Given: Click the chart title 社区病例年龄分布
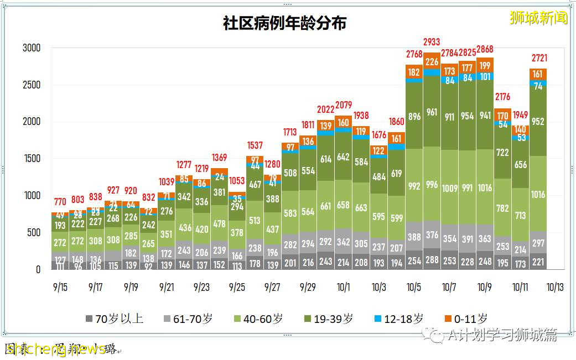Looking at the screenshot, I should pos(284,23).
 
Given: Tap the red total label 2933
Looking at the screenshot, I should pos(432,42).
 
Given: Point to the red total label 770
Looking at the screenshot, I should pos(60,201).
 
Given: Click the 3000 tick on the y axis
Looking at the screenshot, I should pos(32,48).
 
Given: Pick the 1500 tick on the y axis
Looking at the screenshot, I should pos(32,159).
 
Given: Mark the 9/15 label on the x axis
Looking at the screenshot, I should pos(60,288).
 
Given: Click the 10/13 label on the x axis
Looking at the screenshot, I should pos(555,288).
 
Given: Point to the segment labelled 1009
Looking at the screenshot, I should pos(449,189).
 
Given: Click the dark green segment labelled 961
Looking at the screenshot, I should pos(432,112).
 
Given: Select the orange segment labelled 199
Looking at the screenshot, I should pos(485,65).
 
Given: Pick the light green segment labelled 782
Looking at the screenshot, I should pos(502,208).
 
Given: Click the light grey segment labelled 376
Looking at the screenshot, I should pos(432,236).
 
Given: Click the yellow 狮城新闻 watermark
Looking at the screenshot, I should pos(538,18).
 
